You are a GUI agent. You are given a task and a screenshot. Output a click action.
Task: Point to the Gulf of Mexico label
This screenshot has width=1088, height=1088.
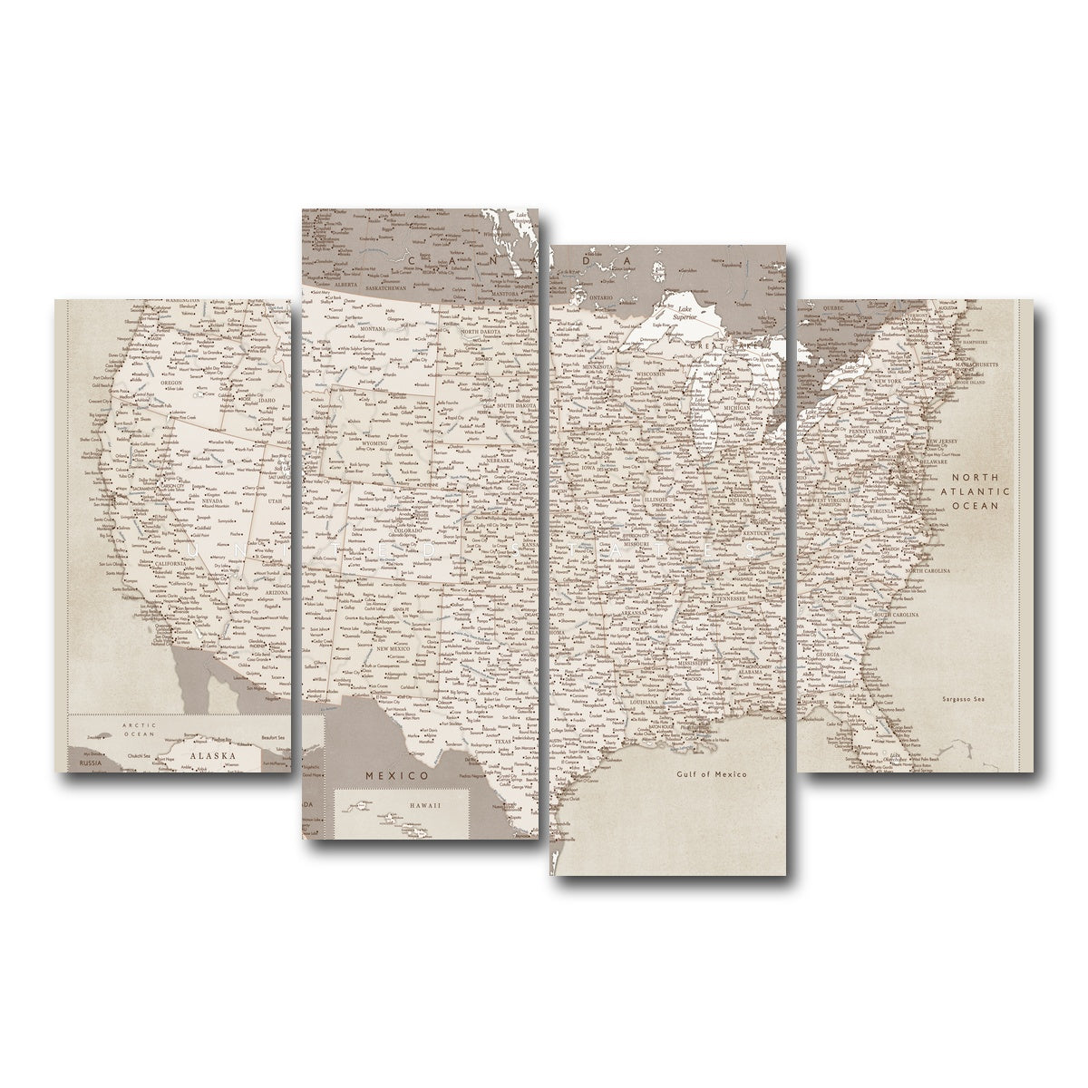pyautogui.click(x=711, y=774)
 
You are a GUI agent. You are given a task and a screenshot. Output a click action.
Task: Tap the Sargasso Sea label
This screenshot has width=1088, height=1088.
pyautogui.click(x=963, y=700)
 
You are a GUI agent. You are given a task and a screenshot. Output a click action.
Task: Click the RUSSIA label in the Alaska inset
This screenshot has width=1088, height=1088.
pyautogui.click(x=90, y=764)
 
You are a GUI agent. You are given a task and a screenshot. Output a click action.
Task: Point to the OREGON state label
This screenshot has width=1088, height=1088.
pyautogui.click(x=171, y=383)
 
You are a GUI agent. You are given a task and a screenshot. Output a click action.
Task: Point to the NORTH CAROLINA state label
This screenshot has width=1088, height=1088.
pyautogui.click(x=925, y=571)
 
